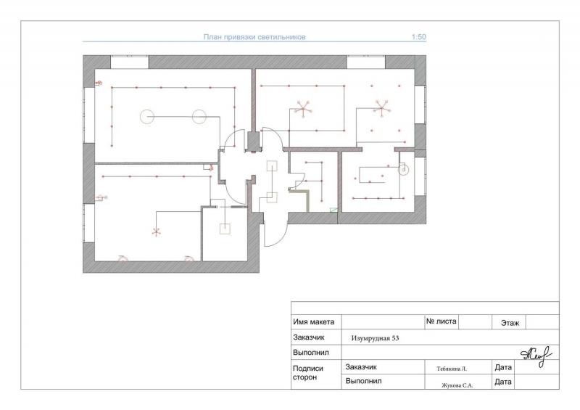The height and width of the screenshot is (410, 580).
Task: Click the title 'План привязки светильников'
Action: [254, 37]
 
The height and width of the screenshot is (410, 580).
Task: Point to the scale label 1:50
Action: [419, 37]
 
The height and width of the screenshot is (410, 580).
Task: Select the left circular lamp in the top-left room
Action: [147, 117]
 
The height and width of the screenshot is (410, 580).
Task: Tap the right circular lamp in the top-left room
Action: [199, 117]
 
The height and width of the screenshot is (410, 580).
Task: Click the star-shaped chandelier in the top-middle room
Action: [303, 109]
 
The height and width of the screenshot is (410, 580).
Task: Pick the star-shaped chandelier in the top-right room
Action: [381, 109]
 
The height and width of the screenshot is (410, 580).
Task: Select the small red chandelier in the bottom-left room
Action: [156, 232]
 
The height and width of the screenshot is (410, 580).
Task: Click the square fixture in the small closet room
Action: [225, 229]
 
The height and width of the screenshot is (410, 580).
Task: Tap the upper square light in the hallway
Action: [273, 165]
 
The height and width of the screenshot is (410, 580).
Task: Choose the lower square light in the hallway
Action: [273, 197]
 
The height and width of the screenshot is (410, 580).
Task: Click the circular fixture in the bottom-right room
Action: [404, 170]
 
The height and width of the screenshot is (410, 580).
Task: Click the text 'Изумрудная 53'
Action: [375, 338]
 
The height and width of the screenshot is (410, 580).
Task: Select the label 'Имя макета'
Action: [314, 322]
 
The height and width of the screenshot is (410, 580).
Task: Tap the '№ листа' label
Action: [442, 321]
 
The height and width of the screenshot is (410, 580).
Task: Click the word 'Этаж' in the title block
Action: [510, 323]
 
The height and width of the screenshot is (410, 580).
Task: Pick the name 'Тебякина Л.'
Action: [452, 369]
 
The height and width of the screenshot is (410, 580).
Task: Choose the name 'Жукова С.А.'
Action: [457, 385]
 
